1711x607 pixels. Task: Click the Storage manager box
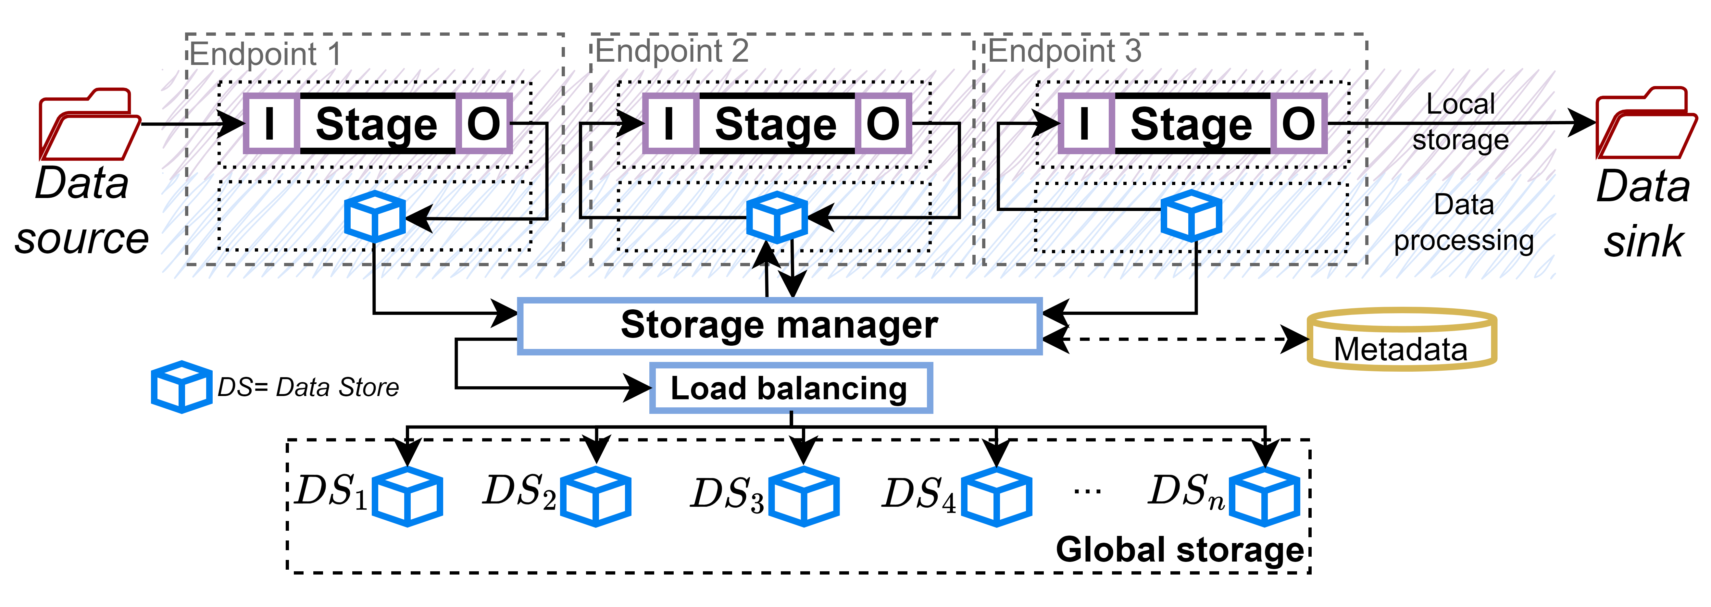click(x=779, y=326)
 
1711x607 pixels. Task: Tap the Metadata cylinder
click(x=1402, y=339)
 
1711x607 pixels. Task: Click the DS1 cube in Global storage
click(x=407, y=496)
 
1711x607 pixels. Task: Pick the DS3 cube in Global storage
click(x=804, y=496)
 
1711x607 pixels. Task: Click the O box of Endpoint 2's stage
click(x=883, y=124)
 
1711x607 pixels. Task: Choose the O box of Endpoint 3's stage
click(x=1299, y=124)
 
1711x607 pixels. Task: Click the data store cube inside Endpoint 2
click(x=777, y=217)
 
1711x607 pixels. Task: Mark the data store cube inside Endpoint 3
click(x=1191, y=216)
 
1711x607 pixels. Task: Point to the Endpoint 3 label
click(x=1065, y=50)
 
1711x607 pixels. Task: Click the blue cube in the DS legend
click(x=181, y=387)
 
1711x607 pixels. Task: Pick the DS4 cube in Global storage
click(x=996, y=496)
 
